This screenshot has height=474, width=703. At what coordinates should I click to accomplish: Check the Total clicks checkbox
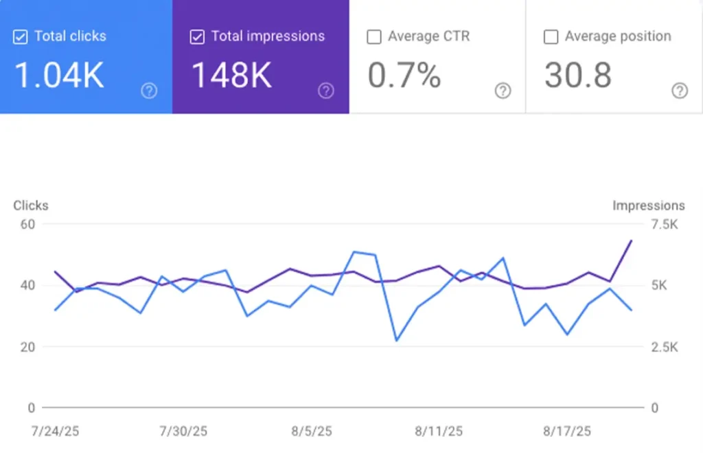(x=21, y=37)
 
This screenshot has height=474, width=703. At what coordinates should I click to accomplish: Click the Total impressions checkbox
(x=197, y=37)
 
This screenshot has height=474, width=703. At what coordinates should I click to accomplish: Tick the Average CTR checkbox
(x=374, y=37)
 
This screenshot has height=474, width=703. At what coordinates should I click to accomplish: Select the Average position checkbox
(x=551, y=37)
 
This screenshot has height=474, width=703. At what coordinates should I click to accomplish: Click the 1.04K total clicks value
(x=59, y=76)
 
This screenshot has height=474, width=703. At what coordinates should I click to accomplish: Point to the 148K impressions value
(x=231, y=76)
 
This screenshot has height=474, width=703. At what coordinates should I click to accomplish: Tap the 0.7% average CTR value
(x=404, y=76)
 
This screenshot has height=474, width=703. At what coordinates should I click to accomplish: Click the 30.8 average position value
(x=577, y=76)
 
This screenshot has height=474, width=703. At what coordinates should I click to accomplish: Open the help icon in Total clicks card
(x=149, y=91)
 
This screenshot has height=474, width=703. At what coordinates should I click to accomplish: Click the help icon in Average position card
(x=680, y=91)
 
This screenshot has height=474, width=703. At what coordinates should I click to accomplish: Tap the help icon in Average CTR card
(x=503, y=91)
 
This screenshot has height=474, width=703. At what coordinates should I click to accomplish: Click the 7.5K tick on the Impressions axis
(x=665, y=224)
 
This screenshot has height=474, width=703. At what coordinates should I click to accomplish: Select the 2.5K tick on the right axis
(x=665, y=347)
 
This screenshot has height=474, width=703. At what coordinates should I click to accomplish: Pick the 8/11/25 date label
(x=439, y=431)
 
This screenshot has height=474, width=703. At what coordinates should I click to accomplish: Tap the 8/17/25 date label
(x=567, y=431)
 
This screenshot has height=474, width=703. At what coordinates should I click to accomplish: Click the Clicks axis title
(x=31, y=205)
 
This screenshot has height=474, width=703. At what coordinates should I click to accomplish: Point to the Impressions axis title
(x=648, y=205)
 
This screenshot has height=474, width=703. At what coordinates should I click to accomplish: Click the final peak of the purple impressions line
(x=631, y=241)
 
